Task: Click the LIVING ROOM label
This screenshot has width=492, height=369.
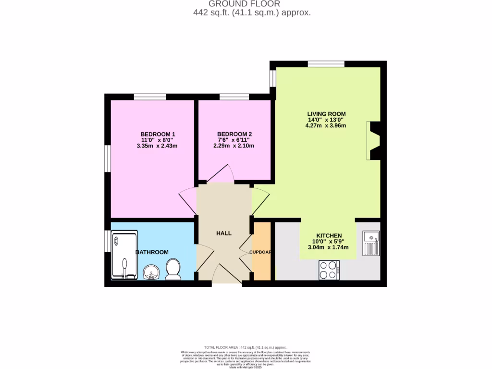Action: point(326,114)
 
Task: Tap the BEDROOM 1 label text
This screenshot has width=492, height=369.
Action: point(158,134)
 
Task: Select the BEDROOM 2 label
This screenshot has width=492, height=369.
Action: point(234,134)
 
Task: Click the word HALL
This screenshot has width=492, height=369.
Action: point(224,233)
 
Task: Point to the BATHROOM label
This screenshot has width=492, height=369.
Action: point(152,252)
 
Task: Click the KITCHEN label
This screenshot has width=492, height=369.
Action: point(329,236)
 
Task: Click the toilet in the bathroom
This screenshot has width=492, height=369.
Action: point(172,269)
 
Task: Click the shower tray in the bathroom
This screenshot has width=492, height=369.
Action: point(124,255)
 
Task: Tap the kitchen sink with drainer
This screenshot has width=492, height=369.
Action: point(371,243)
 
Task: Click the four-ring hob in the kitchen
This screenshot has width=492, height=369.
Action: point(329,270)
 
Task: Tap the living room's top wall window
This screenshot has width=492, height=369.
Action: point(326,63)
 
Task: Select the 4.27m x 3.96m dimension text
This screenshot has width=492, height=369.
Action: point(325,125)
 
